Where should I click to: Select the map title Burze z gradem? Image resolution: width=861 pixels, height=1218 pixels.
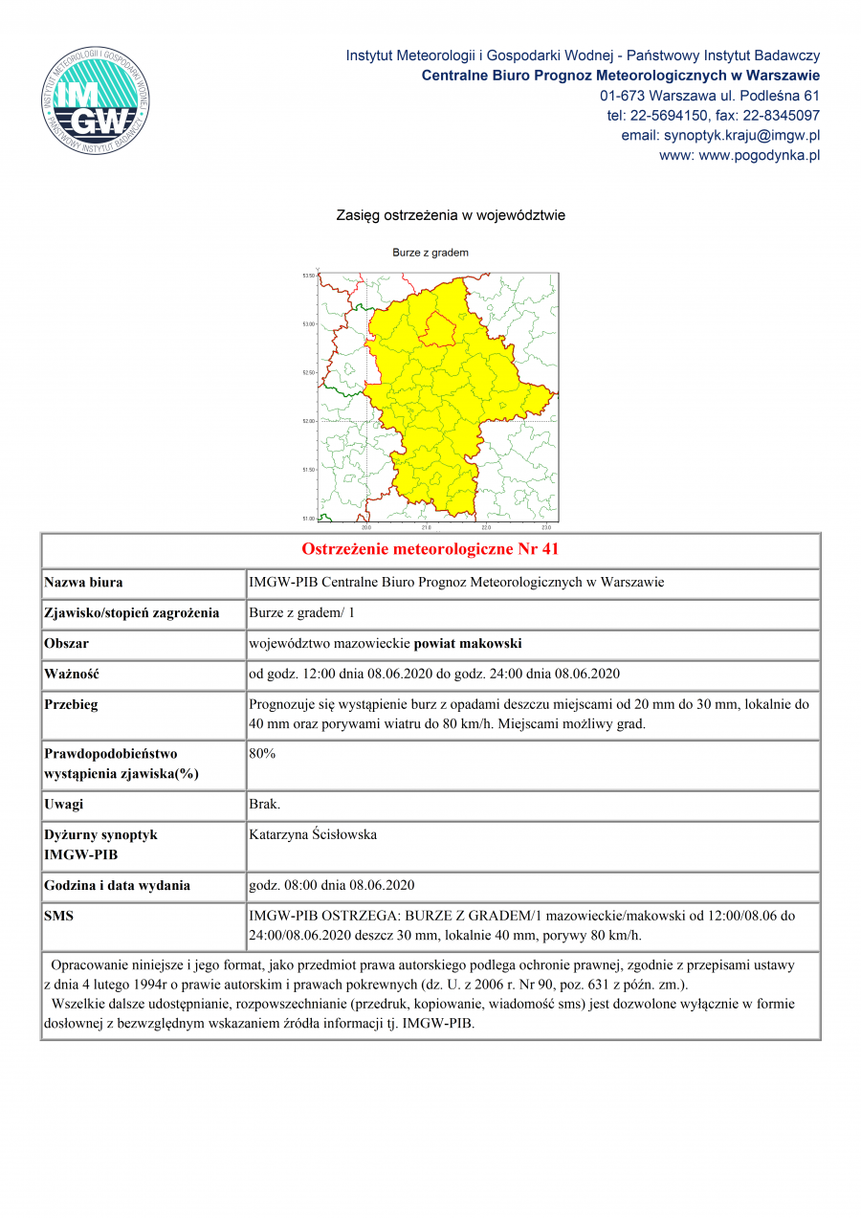[x=430, y=253]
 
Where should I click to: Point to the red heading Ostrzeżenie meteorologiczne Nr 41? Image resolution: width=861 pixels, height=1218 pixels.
[x=430, y=549]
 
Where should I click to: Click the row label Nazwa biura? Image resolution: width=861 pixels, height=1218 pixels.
[x=83, y=582]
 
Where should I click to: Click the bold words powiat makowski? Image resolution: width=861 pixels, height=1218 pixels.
[x=468, y=644]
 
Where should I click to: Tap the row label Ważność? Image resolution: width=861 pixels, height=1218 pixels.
[x=72, y=675]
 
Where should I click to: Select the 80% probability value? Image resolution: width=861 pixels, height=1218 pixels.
[x=262, y=754]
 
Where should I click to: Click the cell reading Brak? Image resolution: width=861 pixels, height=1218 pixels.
[x=265, y=805]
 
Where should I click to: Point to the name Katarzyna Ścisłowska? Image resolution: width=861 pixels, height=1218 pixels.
[x=313, y=835]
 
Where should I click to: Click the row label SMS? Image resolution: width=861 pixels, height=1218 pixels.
[x=59, y=916]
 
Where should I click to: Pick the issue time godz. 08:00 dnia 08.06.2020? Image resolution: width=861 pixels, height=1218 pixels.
[x=331, y=885]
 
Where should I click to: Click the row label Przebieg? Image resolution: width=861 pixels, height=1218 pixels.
[x=72, y=705]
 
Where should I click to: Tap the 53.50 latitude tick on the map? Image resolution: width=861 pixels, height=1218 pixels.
[x=308, y=276]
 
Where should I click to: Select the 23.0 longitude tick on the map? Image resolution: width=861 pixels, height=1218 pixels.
[x=546, y=527]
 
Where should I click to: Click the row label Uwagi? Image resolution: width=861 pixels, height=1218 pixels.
[x=64, y=805]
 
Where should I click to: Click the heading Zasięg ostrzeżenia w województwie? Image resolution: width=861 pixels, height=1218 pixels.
[x=451, y=215]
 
